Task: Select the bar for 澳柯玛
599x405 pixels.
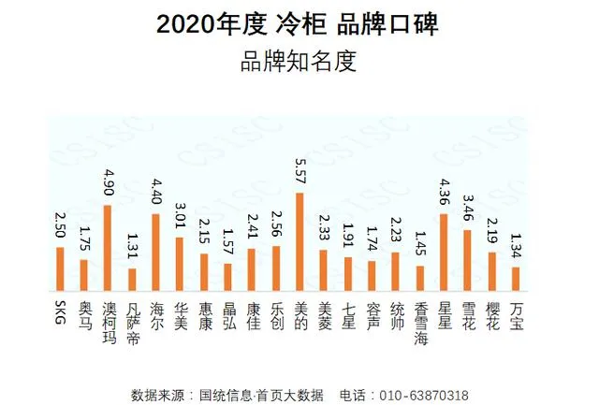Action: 107,247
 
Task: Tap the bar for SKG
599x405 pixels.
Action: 59,268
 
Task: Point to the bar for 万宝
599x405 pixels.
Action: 516,278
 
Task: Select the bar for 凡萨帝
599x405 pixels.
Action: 131,279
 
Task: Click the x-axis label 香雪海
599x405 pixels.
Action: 420,324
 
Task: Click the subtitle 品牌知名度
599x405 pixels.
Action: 299,63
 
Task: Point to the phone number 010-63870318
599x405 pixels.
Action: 427,395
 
